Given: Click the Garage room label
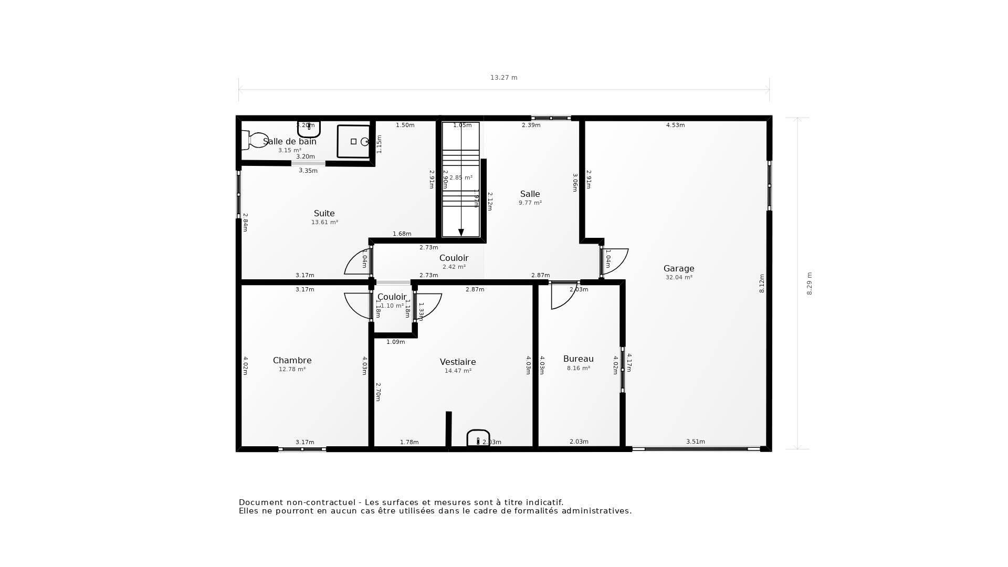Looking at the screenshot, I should point(678,268).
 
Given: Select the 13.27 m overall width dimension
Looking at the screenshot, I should point(503,78).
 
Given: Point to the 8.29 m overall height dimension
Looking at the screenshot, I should point(809,283).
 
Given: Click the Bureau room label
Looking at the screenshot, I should point(578,359).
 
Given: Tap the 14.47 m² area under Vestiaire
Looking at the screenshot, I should point(458,371).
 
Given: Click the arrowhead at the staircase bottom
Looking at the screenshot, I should point(461,233).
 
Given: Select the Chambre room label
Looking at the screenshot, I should point(292,360).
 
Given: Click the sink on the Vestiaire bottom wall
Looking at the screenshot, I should point(478,438).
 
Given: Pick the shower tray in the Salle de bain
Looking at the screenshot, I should point(354,141).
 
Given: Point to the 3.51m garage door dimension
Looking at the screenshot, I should point(695,442).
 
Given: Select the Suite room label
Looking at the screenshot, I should point(324,213).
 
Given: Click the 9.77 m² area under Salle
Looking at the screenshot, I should point(530,203).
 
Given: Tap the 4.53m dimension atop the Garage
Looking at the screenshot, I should point(675,125).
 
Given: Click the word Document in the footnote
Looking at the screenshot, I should point(261,502).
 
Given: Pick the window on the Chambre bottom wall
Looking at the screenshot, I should point(302,449).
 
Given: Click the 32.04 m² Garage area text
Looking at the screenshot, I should point(678,277).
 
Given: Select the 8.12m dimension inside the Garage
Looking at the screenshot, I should point(762,283).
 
